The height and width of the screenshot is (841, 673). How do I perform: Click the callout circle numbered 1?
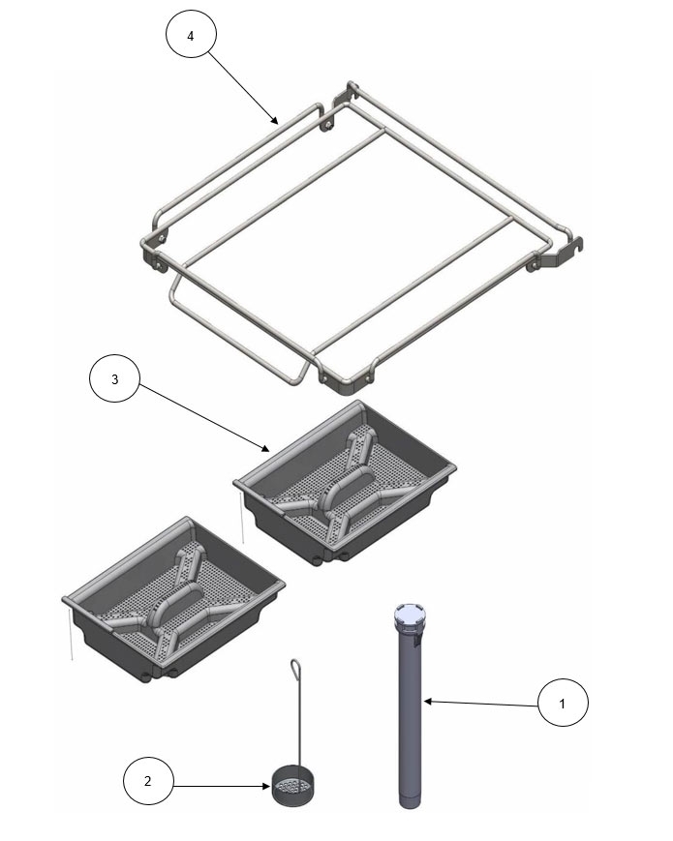pos(564,704)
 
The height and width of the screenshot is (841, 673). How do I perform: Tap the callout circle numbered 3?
pos(114,380)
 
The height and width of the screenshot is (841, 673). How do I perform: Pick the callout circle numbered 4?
pos(190,36)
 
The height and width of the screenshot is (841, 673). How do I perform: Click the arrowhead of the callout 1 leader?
pos(425,699)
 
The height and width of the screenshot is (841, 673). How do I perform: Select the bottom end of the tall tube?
pos(409,799)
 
